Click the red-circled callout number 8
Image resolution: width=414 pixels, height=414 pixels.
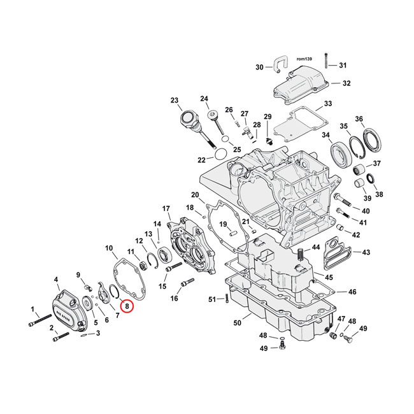(x=127, y=306)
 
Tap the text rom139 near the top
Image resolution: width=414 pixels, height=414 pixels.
(x=305, y=57)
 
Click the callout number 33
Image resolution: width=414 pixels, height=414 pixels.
(x=327, y=104)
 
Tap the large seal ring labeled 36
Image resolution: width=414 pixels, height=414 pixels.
(x=371, y=140)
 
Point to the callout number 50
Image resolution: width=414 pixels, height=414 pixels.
(x=238, y=324)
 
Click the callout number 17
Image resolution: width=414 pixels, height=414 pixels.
(x=166, y=208)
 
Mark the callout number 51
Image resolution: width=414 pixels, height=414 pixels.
(x=213, y=299)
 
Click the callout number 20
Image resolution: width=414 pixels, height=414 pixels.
(x=195, y=194)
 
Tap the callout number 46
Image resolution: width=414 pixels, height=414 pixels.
(x=352, y=292)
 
